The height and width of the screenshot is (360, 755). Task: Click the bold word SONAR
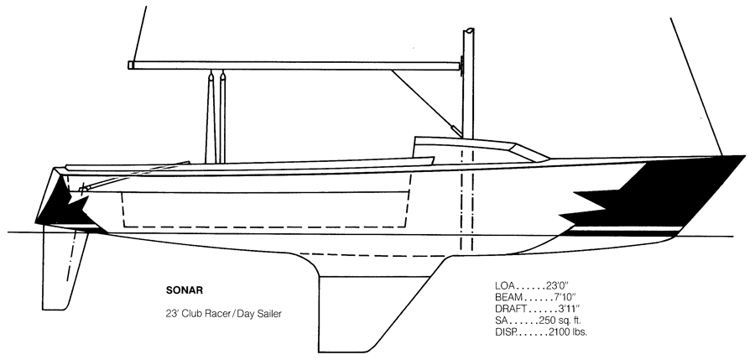point(185,290)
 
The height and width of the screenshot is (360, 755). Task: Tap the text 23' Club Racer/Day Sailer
point(223,314)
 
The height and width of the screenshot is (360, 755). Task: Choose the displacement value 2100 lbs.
point(567,331)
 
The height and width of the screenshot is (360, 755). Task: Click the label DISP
point(505,331)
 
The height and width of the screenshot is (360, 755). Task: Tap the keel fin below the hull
point(371,309)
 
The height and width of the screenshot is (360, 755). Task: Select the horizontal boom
point(294,65)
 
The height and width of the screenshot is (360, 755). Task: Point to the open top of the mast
point(468,31)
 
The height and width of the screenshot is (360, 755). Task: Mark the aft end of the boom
point(130,65)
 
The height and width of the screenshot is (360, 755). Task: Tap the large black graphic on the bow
point(655,196)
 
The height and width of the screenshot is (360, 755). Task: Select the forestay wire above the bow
point(696,86)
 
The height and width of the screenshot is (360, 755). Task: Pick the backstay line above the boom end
point(138,34)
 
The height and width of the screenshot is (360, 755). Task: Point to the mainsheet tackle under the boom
point(216,117)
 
